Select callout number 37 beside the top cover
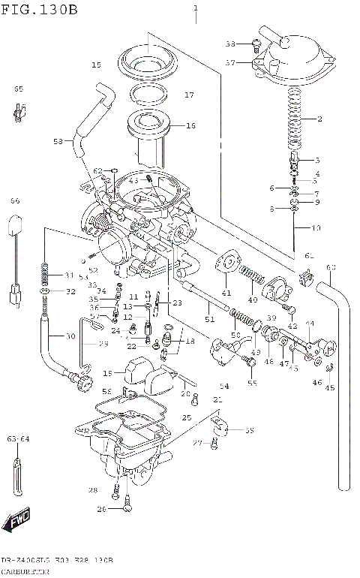232,63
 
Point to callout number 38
231,43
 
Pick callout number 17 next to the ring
189,95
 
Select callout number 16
190,126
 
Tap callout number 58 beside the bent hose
58,141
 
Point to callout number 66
15,201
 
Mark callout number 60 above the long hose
331,268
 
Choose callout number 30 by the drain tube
70,336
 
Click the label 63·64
18,438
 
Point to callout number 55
251,383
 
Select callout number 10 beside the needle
316,227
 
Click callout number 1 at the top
196,8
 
